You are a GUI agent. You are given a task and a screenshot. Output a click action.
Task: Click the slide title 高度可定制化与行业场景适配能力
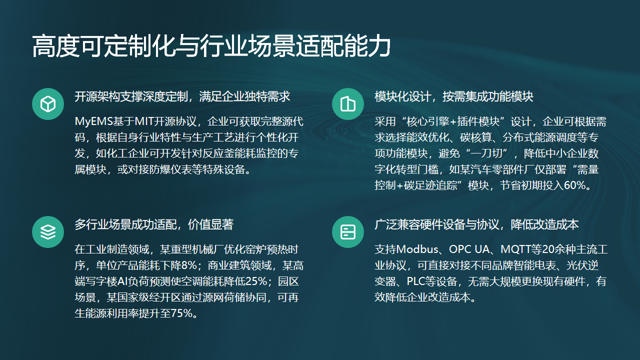(210, 46)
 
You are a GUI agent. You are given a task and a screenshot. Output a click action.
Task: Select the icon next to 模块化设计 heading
(346, 104)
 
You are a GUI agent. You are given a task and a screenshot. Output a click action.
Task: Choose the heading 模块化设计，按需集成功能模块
(453, 97)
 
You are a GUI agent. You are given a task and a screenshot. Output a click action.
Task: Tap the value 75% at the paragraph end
(181, 312)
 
